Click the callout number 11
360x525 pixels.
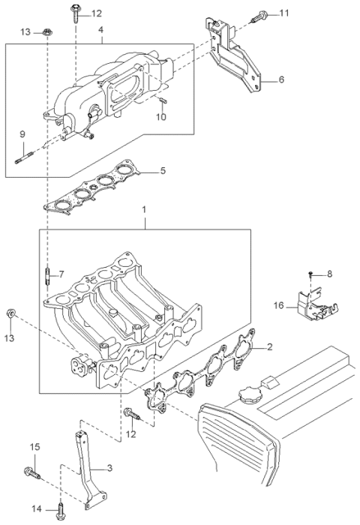coord(284,13)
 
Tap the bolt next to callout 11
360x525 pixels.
coord(259,16)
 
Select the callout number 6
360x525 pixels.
coord(281,79)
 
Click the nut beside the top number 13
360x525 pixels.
coord(46,32)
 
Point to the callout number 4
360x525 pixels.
coord(100,29)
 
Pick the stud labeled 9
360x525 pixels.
coord(25,158)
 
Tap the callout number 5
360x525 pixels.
coord(163,170)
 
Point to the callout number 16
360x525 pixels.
coord(278,305)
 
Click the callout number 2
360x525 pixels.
coord(269,346)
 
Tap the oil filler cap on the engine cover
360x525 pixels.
coord(248,394)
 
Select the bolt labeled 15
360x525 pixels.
coord(32,472)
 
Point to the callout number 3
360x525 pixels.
coord(109,468)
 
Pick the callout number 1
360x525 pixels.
coord(144,210)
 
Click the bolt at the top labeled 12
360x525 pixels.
coord(75,13)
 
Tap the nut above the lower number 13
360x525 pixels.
coord(10,313)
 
